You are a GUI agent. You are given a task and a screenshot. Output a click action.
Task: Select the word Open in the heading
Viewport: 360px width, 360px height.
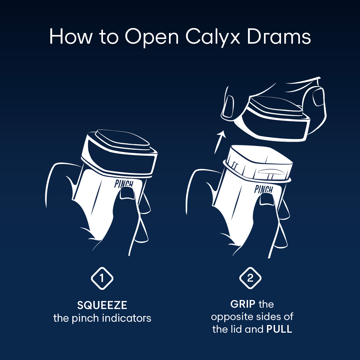click(x=152, y=37)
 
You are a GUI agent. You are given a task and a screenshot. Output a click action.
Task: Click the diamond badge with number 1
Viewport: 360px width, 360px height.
click(x=102, y=278)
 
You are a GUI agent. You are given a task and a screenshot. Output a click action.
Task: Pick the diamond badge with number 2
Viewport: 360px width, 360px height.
click(x=250, y=278)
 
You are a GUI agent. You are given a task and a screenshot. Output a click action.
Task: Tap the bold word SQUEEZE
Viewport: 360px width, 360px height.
click(x=102, y=305)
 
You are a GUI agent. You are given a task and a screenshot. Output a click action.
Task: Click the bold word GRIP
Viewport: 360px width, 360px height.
click(x=243, y=304)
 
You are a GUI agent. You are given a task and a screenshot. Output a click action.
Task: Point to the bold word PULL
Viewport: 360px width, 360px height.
click(x=279, y=329)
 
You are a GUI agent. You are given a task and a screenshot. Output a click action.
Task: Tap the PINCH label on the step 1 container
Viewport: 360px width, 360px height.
click(x=124, y=184)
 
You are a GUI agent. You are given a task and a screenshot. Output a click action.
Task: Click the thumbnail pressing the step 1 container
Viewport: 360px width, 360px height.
click(x=127, y=193)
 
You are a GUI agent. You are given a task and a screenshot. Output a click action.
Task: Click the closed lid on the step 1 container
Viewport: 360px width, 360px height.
click(x=120, y=152)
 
